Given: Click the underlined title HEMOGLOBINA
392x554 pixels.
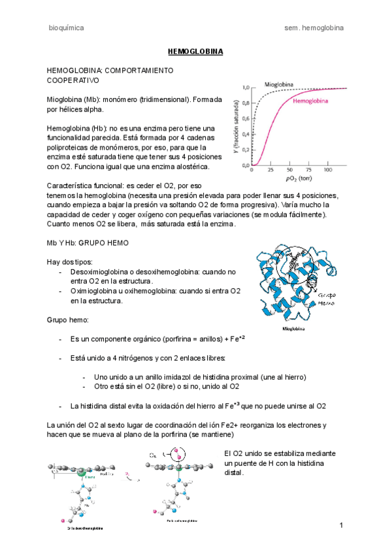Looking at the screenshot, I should pos(196,51).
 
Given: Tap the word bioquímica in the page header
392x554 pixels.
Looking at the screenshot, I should pos(66,28).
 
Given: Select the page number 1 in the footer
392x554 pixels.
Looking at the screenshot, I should pos(341,526).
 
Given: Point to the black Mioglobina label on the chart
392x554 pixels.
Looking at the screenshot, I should pos(279,85).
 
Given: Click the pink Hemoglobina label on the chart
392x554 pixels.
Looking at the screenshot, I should pos(314,102).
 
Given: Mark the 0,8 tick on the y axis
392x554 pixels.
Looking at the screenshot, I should pos(245,103).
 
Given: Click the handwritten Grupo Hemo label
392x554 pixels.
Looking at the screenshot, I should pos(327,299).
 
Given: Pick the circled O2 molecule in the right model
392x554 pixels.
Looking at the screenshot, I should pos(174,454).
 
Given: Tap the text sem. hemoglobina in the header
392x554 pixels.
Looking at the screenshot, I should pos(315,28).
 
